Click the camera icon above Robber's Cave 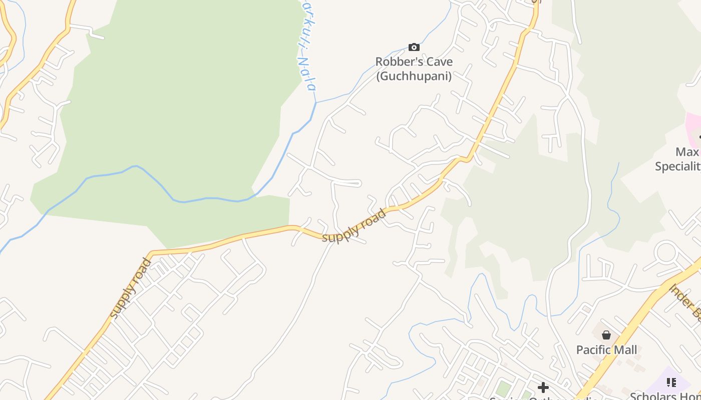point(414,47)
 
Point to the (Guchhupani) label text point(414,76)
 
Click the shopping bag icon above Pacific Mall point(606,335)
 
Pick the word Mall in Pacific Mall point(627,350)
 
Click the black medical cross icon point(543,387)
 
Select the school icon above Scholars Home point(671,382)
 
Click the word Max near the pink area point(687,151)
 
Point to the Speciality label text point(678,166)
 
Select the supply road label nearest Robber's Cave point(355,226)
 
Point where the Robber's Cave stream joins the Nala point(316,102)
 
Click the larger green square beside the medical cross point(503,388)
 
